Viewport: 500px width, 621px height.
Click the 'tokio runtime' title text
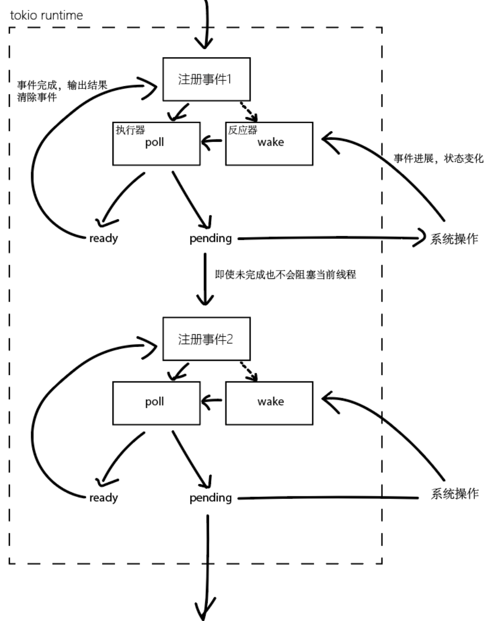tap(46, 16)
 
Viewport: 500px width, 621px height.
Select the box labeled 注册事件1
tap(206, 79)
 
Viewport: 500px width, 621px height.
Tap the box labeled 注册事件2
tap(206, 339)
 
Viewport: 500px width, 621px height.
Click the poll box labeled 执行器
tap(156, 144)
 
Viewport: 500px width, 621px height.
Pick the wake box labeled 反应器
tap(269, 144)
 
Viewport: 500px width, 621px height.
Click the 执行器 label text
tap(130, 130)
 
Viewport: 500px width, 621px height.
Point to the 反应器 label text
tap(243, 130)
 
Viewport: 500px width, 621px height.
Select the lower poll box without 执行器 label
tap(156, 403)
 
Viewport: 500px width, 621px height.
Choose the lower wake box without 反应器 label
tap(269, 403)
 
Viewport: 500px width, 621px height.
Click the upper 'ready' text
tap(104, 238)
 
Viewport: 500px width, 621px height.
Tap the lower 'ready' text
tap(104, 498)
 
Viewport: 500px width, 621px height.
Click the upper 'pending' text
tap(211, 238)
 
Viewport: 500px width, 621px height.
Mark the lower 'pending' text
tap(211, 498)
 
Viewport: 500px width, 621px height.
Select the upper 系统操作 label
tap(454, 239)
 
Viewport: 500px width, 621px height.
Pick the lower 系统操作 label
tap(454, 493)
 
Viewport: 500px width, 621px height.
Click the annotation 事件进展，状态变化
tap(438, 159)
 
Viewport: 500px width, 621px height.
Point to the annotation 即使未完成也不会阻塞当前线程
tap(285, 274)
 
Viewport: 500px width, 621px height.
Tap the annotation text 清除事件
tap(37, 97)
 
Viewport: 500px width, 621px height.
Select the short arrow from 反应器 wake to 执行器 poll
tap(212, 142)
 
